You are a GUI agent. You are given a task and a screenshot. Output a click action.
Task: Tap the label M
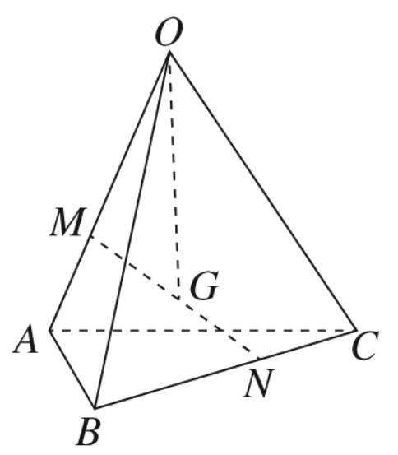pyautogui.click(x=68, y=221)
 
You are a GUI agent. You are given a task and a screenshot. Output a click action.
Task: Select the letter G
pyautogui.click(x=204, y=285)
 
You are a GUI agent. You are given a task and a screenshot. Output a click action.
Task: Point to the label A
pyautogui.click(x=25, y=339)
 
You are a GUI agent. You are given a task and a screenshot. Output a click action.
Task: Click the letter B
pyautogui.click(x=89, y=431)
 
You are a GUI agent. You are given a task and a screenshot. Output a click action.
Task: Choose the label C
pyautogui.click(x=365, y=346)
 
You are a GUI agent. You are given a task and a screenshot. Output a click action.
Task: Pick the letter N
pyautogui.click(x=259, y=383)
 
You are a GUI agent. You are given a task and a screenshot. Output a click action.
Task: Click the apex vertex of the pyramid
pyautogui.click(x=169, y=52)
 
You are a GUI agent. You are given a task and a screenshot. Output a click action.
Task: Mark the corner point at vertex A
pyautogui.click(x=49, y=330)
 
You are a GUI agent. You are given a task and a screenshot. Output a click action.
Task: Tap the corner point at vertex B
pyautogui.click(x=95, y=408)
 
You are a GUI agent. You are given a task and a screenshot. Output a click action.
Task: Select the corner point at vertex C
pyautogui.click(x=355, y=330)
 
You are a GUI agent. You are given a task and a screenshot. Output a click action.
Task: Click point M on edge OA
pyautogui.click(x=91, y=236)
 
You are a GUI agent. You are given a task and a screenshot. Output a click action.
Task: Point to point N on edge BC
pyautogui.click(x=259, y=359)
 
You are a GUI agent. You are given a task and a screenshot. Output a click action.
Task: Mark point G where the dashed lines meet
pyautogui.click(x=179, y=299)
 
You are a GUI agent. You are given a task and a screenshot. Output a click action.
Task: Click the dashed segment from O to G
pyautogui.click(x=174, y=175)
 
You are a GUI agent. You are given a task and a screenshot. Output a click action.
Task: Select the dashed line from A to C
pyautogui.click(x=202, y=330)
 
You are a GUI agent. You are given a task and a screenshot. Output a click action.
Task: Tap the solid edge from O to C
pyautogui.click(x=262, y=191)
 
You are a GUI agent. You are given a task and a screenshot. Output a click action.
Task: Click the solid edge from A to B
pyautogui.click(x=72, y=369)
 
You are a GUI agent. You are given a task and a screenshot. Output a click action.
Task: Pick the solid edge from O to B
pyautogui.click(x=132, y=230)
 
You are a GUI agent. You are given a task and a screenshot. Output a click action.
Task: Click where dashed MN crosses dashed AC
pyautogui.click(x=224, y=330)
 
